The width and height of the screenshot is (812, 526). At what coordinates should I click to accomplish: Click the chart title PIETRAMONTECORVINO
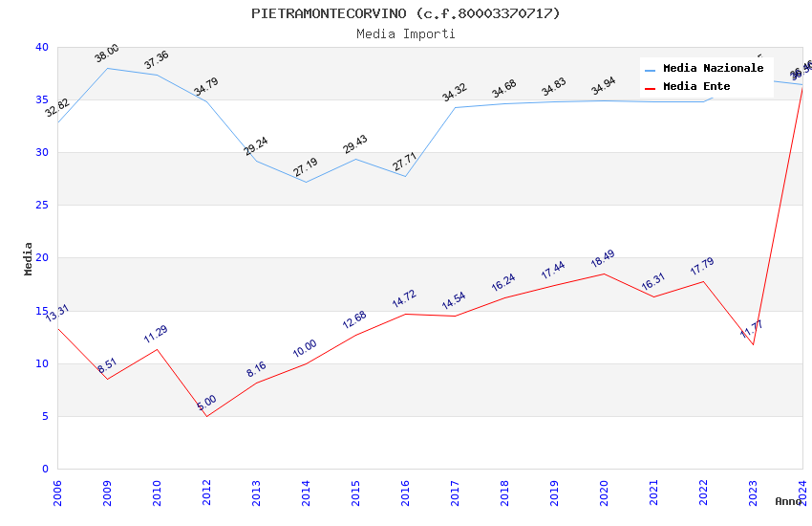pos(406,13)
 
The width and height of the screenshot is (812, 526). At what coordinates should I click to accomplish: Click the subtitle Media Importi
pos(406,34)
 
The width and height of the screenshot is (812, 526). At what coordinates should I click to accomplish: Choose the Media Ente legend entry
pos(696,87)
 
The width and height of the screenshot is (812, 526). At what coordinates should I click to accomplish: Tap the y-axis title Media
pos(29,258)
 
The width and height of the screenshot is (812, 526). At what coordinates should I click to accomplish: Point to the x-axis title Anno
pos(788,501)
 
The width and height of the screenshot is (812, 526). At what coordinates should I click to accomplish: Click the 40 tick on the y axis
pos(41,47)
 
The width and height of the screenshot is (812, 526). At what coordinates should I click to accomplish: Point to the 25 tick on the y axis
pos(41,206)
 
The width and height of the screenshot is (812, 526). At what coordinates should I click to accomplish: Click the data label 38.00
pos(107,54)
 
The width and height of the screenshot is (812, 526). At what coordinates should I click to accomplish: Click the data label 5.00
pos(206,403)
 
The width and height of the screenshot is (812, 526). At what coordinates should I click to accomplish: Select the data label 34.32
pos(455,93)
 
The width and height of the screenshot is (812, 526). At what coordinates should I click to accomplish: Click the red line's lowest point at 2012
pos(206,416)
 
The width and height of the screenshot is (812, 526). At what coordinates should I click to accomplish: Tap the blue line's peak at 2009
pos(107,68)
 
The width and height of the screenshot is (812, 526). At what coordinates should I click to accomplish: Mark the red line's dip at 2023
pos(753,344)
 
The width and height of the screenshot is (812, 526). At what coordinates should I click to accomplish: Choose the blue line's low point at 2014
pos(306,182)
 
